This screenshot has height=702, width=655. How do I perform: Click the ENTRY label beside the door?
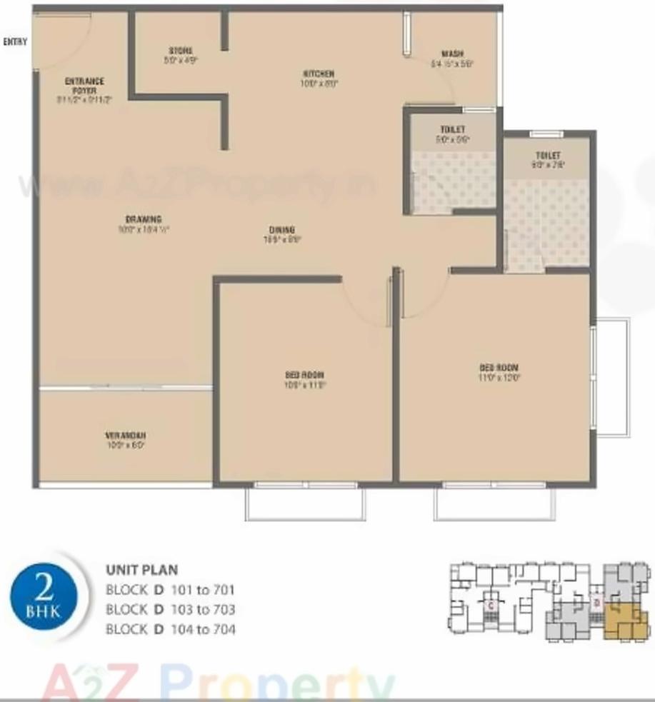(15, 42)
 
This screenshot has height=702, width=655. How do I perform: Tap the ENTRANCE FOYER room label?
(85, 82)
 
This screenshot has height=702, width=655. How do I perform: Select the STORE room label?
(181, 51)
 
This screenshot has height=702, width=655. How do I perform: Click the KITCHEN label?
(319, 74)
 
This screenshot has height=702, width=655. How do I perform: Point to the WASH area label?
(452, 54)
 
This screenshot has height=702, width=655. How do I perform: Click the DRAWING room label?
(144, 219)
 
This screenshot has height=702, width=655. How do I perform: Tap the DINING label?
(282, 230)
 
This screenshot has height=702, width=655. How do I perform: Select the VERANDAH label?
(126, 435)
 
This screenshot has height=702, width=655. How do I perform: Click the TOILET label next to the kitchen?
(453, 130)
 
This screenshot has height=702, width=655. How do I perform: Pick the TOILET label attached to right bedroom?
(548, 156)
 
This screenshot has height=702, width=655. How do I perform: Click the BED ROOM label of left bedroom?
(305, 375)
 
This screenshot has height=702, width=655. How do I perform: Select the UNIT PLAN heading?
(141, 571)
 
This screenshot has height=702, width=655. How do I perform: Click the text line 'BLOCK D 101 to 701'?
(170, 591)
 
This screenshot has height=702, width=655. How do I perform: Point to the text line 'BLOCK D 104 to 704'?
(170, 629)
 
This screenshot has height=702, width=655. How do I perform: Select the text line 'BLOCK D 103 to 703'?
(170, 610)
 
